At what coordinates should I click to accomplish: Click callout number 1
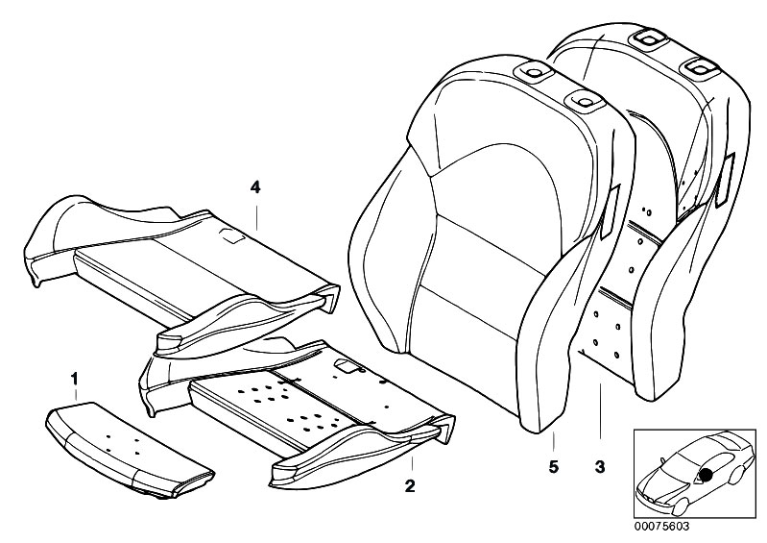pos(74,381)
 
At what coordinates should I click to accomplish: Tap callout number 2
pos(410,486)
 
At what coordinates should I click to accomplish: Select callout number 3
pos(599,468)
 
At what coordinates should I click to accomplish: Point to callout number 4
pos(255,186)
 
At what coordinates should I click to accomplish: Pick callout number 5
pos(554,468)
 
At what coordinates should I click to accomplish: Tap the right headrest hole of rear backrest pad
pos(703,65)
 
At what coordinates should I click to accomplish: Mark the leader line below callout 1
pos(74,400)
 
